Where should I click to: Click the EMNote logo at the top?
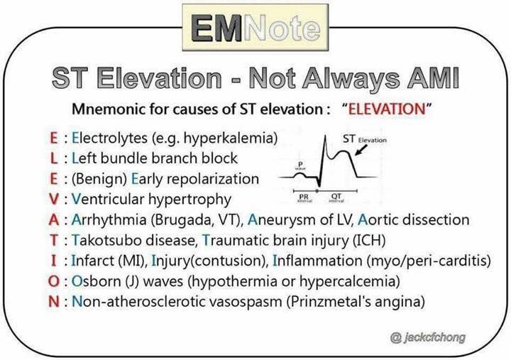[x=255, y=28]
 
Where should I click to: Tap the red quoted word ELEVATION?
[x=387, y=109]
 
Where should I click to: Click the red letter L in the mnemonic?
[x=54, y=158]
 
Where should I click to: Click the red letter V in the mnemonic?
[x=54, y=200]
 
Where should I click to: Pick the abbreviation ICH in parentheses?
[x=369, y=240]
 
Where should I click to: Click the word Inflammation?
[x=317, y=261]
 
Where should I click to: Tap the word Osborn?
[x=96, y=281]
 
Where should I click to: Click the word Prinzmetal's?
[x=330, y=302]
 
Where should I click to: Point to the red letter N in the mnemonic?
[x=54, y=302]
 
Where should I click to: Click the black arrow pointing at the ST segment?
[x=361, y=150]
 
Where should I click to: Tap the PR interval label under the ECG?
[x=304, y=198]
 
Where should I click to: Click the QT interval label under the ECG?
[x=336, y=198]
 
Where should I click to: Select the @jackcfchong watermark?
[x=427, y=337]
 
